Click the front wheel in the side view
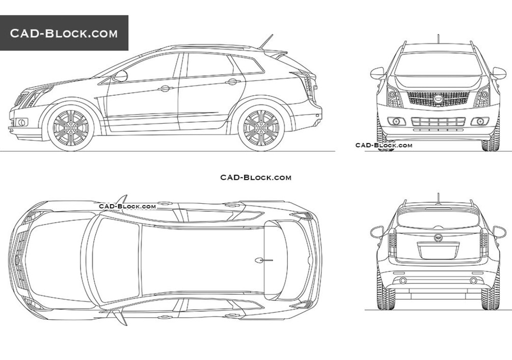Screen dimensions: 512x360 tap(70, 128)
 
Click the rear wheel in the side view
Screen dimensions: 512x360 tap(261, 128)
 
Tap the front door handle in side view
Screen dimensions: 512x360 tap(166, 88)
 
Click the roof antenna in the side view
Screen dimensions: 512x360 tap(266, 41)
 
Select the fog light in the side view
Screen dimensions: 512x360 tap(22, 122)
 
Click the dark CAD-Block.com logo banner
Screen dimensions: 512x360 tap(64, 33)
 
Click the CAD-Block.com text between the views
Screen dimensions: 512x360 tap(256, 178)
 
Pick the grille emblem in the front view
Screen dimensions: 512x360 tap(438, 97)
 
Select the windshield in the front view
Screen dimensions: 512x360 tap(438, 64)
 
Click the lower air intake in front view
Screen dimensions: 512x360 tap(438, 122)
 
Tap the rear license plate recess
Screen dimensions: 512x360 tap(438, 251)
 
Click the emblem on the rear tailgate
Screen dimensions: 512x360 tap(438, 237)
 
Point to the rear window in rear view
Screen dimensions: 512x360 tap(438, 219)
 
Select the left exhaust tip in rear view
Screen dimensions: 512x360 tap(403, 281)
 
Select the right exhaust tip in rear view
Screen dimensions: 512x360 tap(473, 281)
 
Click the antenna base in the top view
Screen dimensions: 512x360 tap(259, 260)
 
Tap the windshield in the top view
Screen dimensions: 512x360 tap(117, 260)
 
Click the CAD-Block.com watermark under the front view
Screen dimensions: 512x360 tap(384, 145)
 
